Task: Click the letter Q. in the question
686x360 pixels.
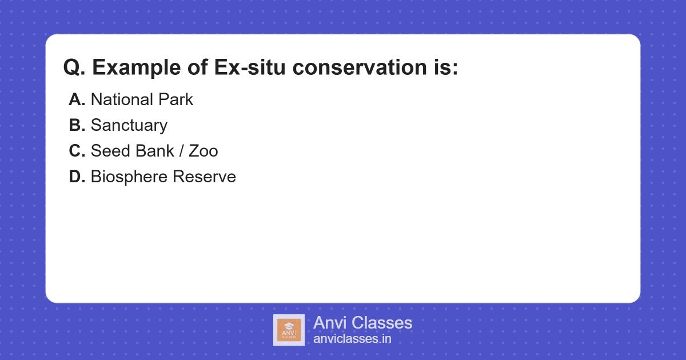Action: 74,68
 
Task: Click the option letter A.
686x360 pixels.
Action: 77,99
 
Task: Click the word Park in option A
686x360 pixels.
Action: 176,99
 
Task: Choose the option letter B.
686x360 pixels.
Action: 77,125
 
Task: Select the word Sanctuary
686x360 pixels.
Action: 129,126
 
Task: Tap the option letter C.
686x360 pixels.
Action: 77,151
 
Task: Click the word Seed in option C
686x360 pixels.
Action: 110,151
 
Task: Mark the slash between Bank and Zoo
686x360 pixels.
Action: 182,151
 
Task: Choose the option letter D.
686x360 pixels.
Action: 77,177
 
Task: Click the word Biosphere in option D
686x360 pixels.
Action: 129,177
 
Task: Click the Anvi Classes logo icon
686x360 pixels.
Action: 289,330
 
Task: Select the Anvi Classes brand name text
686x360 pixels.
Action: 362,323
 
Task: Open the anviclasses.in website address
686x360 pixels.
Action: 352,339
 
